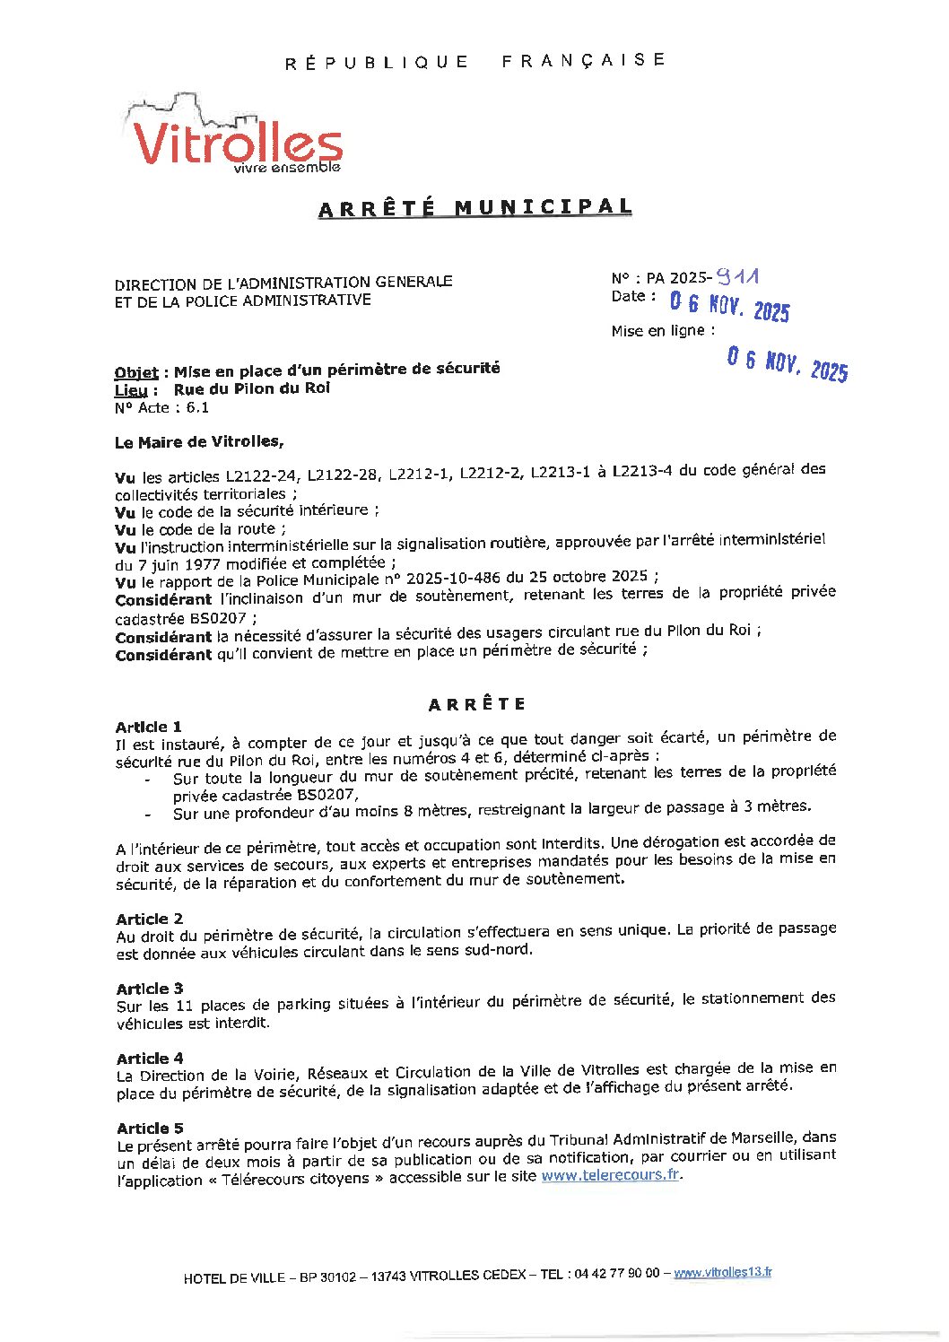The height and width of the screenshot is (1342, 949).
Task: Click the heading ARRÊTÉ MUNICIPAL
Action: [x=475, y=208]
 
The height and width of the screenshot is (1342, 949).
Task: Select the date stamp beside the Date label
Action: [x=729, y=308]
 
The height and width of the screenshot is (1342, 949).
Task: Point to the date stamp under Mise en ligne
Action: [x=787, y=364]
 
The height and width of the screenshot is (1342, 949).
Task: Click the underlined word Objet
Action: [x=136, y=372]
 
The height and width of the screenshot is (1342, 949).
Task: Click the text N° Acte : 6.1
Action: [x=161, y=407]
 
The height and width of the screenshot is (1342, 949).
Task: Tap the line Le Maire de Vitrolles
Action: [x=198, y=442]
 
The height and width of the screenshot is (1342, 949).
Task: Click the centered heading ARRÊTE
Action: [x=476, y=704]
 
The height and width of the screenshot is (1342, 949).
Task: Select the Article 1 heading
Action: [x=149, y=727]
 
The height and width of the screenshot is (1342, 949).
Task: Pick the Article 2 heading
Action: [x=150, y=919]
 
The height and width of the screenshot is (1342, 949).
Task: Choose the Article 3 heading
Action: [x=150, y=989]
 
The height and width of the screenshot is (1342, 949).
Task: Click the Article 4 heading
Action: [x=150, y=1059]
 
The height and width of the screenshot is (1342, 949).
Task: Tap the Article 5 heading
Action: [x=150, y=1128]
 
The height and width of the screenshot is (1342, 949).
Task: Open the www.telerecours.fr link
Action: [x=610, y=1175]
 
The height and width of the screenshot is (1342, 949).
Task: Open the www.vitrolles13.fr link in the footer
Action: [x=722, y=1273]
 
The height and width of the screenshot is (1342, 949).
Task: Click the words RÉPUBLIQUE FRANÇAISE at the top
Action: [x=475, y=61]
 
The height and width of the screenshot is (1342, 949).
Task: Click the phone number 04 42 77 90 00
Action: [x=614, y=1274]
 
